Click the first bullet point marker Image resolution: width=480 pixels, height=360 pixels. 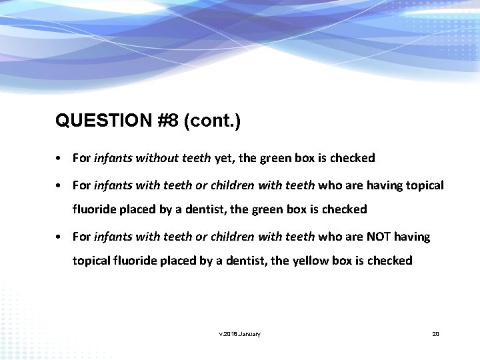coord(59,159)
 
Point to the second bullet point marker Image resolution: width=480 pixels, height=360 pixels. coord(59,185)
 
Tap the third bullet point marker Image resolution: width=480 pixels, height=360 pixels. coord(59,237)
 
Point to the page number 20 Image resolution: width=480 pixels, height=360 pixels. coord(435,333)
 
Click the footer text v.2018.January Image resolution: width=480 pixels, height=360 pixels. coord(240,333)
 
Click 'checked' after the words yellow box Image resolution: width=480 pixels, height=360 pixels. coord(390,261)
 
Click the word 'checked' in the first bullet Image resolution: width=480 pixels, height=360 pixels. coord(353,159)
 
